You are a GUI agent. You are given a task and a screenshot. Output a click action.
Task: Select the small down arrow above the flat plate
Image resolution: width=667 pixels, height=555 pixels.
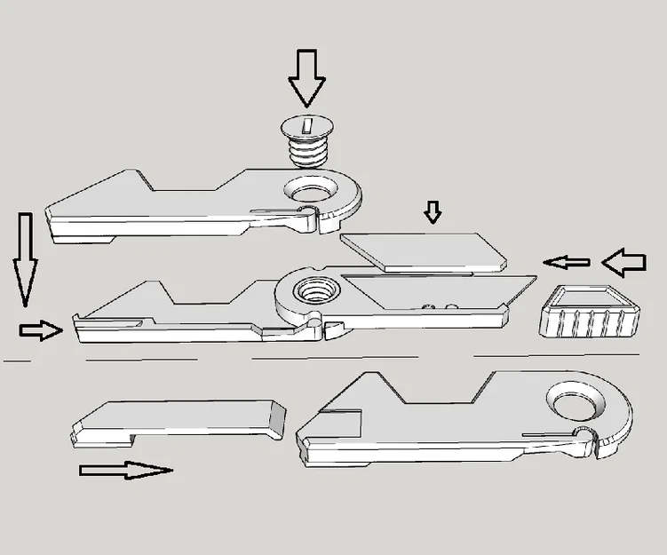coord(433,212)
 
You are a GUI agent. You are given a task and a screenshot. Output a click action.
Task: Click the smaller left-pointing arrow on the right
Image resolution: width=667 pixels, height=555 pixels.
coord(567,262)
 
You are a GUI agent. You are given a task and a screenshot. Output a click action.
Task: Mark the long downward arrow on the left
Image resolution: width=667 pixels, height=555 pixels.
coord(25,258)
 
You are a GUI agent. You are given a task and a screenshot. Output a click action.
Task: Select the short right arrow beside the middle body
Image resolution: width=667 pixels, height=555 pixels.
coord(41,330)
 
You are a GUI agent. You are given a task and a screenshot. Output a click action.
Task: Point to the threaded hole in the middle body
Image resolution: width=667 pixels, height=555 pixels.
coord(313,289)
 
